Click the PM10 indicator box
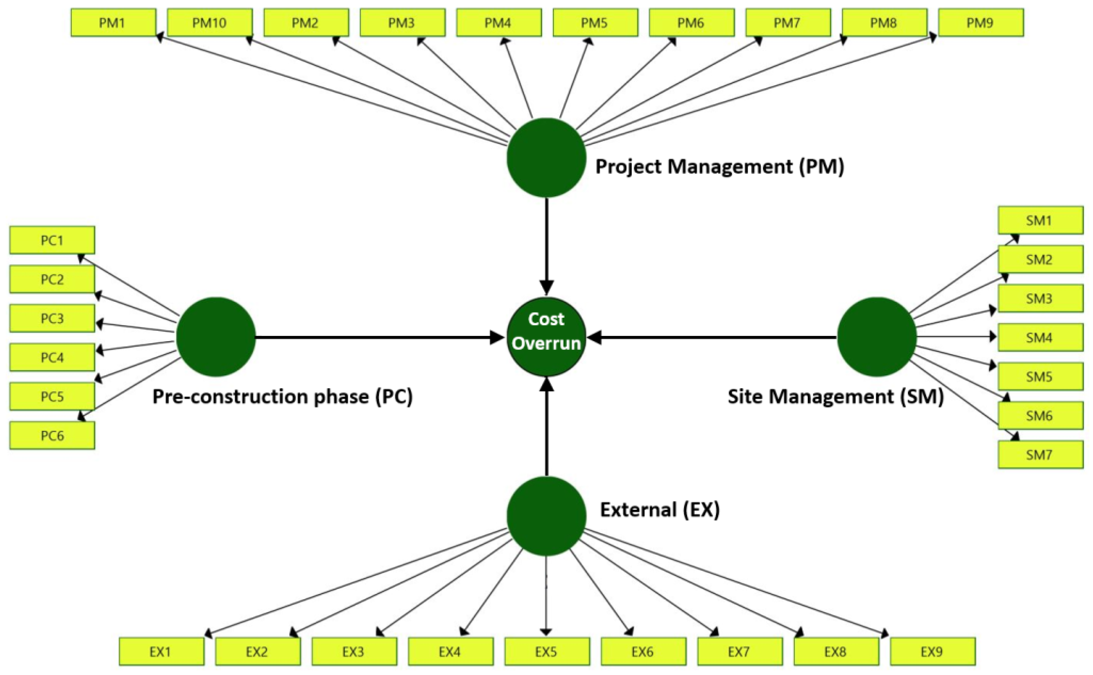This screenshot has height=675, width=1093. point(210,23)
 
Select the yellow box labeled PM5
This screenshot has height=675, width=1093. point(595,23)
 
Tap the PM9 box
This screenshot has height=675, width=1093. point(980,23)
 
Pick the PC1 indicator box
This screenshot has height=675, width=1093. point(52,240)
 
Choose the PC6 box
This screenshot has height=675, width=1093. point(52,435)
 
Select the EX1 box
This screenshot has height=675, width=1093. point(161,652)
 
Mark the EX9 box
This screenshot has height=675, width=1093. point(932,652)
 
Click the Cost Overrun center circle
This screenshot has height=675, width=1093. point(546,337)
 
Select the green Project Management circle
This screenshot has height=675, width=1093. point(546,157)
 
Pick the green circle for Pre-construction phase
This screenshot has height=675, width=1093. point(216,337)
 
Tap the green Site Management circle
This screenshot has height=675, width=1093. point(877,337)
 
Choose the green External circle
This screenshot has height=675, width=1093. point(546,516)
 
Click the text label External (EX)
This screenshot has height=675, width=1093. point(659,509)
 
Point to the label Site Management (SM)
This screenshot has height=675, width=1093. point(835,396)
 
